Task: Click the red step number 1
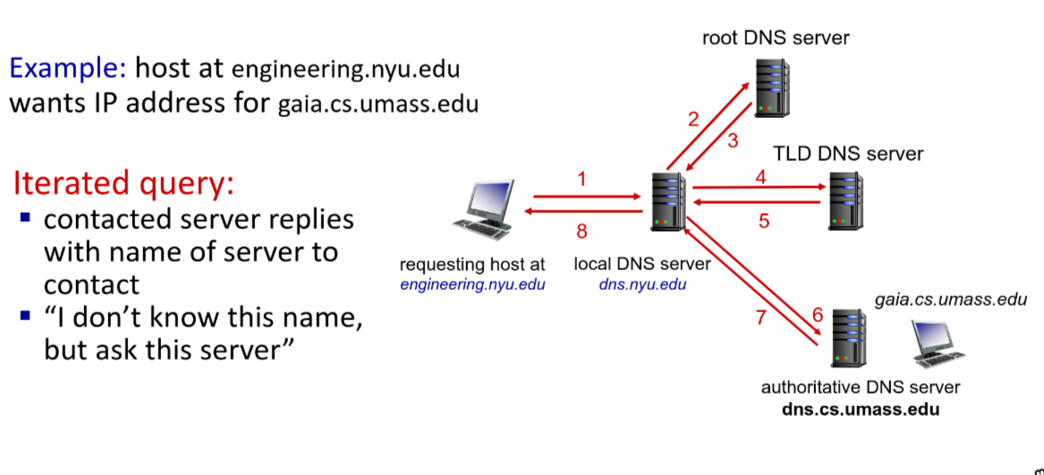(x=582, y=180)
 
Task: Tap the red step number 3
(x=732, y=140)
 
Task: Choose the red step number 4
(x=761, y=176)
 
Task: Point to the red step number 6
(x=816, y=315)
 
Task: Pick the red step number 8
(x=582, y=233)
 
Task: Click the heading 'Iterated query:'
(x=123, y=183)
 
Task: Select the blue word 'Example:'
(x=68, y=67)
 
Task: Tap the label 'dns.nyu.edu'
(x=642, y=284)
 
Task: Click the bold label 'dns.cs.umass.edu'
(x=861, y=410)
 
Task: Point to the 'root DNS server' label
(x=776, y=38)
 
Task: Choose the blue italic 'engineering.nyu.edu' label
(x=472, y=284)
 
